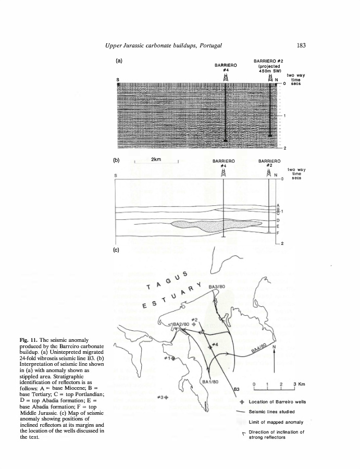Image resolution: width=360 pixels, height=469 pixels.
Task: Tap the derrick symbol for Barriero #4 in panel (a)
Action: click(226, 77)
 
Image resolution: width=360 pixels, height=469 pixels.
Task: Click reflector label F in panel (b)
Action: click(278, 234)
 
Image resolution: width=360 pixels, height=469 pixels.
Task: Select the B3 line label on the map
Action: click(235, 389)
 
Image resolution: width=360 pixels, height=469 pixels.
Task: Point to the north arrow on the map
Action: click(274, 360)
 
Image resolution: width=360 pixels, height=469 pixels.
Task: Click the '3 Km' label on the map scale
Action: click(299, 384)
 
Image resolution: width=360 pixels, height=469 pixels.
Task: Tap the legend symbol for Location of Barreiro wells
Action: click(242, 402)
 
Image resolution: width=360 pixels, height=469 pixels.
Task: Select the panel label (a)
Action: click(119, 60)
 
